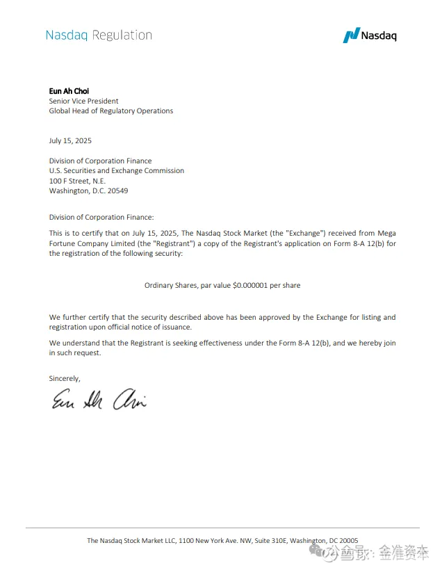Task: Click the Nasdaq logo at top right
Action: (370, 35)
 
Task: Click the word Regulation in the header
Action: (122, 35)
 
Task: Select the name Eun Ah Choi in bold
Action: (69, 91)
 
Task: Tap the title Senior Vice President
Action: (83, 101)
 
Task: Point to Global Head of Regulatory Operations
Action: (110, 111)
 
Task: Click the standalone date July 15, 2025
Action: (70, 140)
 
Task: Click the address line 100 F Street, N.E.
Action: (77, 181)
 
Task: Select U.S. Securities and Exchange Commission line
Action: (116, 170)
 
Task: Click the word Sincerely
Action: (65, 378)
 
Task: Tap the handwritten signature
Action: (97, 399)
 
